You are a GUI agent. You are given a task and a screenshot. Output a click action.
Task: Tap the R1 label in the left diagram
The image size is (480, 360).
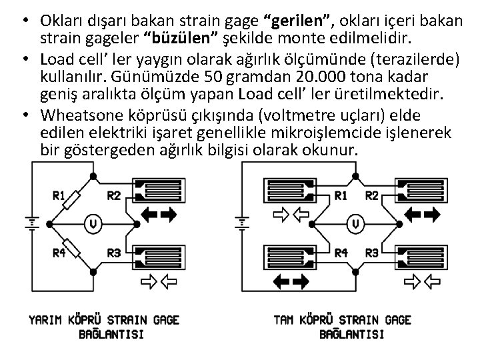coord(59,195)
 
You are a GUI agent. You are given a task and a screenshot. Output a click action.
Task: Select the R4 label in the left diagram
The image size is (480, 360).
coord(59,253)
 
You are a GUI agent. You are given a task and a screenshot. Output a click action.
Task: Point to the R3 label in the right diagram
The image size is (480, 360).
coord(372,253)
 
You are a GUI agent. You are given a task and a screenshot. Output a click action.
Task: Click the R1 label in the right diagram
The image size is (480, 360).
coord(341,195)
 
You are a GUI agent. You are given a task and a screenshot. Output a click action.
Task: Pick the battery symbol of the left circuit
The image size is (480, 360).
coord(29,222)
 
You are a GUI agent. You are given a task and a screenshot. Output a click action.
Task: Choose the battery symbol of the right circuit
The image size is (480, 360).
coord(243,222)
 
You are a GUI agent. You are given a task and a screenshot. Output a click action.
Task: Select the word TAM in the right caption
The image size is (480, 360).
coord(285,320)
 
